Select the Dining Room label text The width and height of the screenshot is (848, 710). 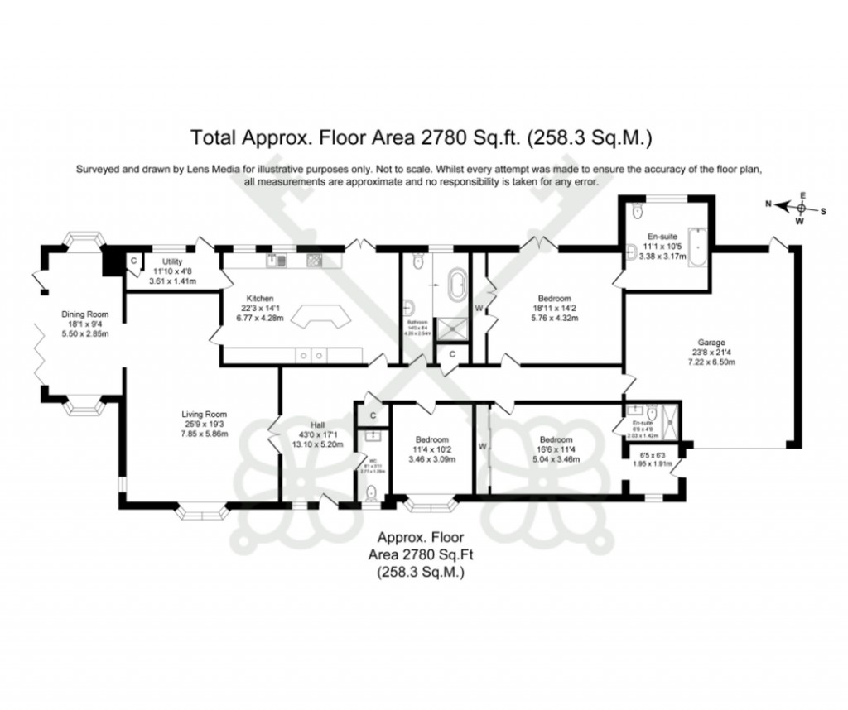coord(84,314)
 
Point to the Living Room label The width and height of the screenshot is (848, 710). coord(205,415)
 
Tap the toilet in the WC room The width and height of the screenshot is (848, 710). coord(373,492)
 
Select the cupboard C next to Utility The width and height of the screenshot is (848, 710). coord(133,261)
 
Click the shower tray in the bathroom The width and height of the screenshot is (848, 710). coord(452,328)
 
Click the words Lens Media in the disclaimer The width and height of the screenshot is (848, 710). coord(219,169)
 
